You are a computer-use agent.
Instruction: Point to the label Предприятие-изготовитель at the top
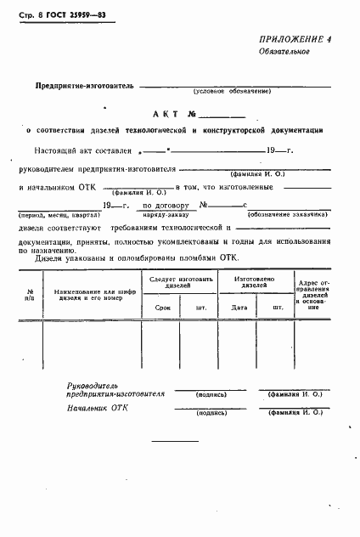pyautogui.click(x=85, y=86)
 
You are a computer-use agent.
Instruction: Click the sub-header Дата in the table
pyautogui.click(x=239, y=308)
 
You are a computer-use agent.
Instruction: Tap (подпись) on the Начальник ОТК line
pyautogui.click(x=209, y=412)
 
